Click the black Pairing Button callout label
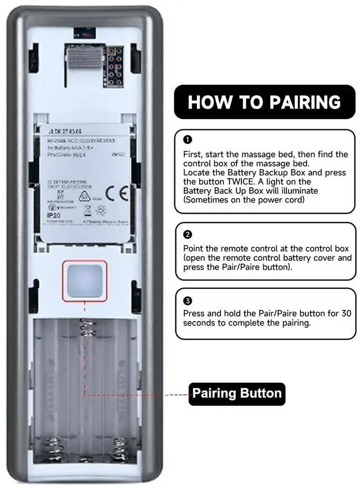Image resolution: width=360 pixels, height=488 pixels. (237, 392)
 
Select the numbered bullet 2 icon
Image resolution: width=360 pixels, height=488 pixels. (188, 234)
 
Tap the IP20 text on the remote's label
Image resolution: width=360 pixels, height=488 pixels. (54, 215)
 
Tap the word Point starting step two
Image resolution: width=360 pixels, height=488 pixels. (193, 248)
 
